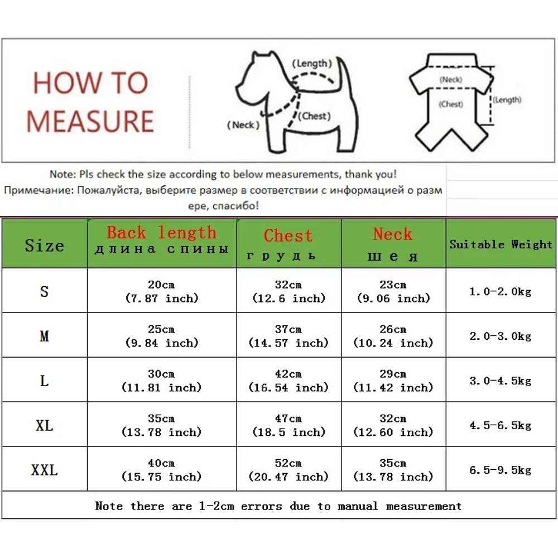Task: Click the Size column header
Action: coord(44,246)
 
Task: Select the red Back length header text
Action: coord(161,232)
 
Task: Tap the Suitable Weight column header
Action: coord(501,244)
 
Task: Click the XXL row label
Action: coord(44,470)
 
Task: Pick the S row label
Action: coord(44,291)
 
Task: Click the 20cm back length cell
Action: coord(161,291)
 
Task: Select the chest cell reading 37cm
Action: coord(288,336)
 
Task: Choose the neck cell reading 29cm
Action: coord(393,381)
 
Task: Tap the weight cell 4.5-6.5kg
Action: coord(500,425)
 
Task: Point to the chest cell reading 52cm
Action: coord(288,470)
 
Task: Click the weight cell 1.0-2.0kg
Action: coord(500,291)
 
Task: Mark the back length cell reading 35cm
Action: coord(161,425)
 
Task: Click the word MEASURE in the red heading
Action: coord(90,121)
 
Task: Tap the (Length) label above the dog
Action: coord(312,64)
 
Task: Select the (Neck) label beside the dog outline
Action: coord(243,125)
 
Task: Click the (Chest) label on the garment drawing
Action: coord(451,104)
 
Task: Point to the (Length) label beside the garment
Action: coord(507,100)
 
